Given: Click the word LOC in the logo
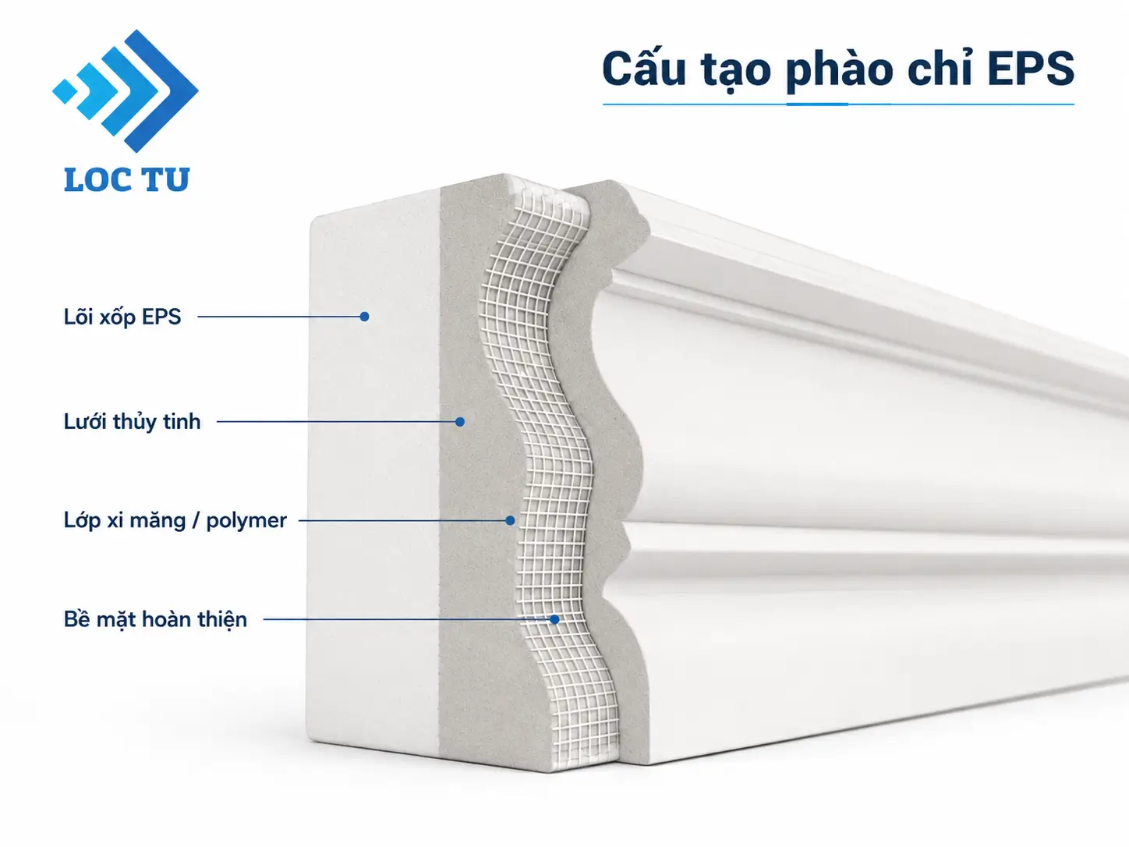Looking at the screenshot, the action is pyautogui.click(x=97, y=179).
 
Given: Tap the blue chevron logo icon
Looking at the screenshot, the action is pyautogui.click(x=126, y=91).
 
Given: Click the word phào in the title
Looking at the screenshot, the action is pyautogui.click(x=840, y=70).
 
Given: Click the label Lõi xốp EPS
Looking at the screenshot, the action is pyautogui.click(x=122, y=317).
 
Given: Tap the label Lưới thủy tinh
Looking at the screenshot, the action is pyautogui.click(x=132, y=422).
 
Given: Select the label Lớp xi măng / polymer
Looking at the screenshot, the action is pyautogui.click(x=175, y=520).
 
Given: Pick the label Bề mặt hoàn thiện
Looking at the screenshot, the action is pyautogui.click(x=155, y=619).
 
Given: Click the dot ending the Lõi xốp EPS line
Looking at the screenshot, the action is pyautogui.click(x=364, y=317).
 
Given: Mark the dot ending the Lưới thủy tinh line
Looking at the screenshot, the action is pyautogui.click(x=460, y=422).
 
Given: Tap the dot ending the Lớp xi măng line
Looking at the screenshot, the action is pyautogui.click(x=510, y=520).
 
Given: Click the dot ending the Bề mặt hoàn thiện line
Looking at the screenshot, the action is pyautogui.click(x=554, y=619).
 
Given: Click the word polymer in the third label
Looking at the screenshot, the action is pyautogui.click(x=246, y=522).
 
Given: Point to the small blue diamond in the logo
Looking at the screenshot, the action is pyautogui.click(x=65, y=91).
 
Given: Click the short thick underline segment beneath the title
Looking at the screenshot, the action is pyautogui.click(x=817, y=104).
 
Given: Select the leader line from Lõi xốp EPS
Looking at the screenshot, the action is pyautogui.click(x=281, y=317).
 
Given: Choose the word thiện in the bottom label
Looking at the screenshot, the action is pyautogui.click(x=223, y=619).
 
